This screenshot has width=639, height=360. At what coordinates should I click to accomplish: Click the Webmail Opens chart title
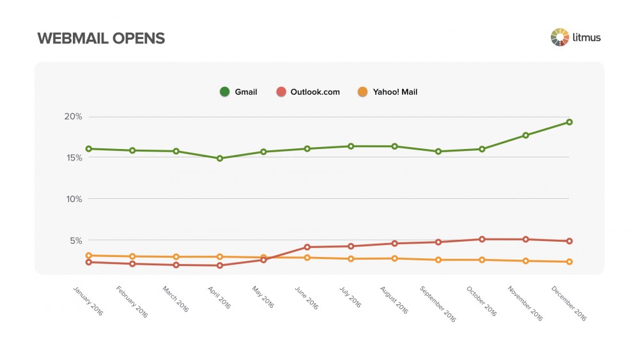[x=101, y=38]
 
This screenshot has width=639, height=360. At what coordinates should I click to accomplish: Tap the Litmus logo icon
[x=560, y=37]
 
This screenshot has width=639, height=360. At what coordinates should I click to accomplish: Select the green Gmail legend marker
[x=224, y=92]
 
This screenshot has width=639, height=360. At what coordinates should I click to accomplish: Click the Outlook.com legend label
[x=315, y=92]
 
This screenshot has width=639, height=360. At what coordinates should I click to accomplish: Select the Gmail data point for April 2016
[x=220, y=159]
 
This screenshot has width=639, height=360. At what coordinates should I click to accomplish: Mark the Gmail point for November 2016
[x=526, y=136]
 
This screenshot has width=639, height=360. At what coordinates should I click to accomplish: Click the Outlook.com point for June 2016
[x=307, y=247]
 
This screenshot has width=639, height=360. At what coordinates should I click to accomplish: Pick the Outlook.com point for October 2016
[x=482, y=239]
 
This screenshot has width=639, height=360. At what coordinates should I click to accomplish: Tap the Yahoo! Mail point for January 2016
[x=89, y=256]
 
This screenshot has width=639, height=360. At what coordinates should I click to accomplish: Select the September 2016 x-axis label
[x=438, y=303]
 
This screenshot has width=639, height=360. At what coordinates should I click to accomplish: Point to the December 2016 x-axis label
[x=568, y=303]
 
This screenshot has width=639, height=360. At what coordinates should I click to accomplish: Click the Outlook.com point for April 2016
[x=220, y=265]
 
